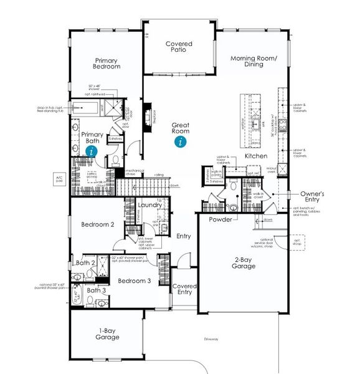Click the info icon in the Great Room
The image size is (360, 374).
(x=181, y=141)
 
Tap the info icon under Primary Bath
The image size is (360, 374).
(x=92, y=150)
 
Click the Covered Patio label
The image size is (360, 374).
(x=179, y=48)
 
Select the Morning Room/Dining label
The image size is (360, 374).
(x=253, y=62)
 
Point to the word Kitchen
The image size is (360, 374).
(x=256, y=155)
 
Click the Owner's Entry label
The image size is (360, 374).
(x=312, y=198)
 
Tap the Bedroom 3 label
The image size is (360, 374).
(x=135, y=280)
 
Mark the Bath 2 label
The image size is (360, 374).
(x=85, y=263)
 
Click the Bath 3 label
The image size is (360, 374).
(x=96, y=290)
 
